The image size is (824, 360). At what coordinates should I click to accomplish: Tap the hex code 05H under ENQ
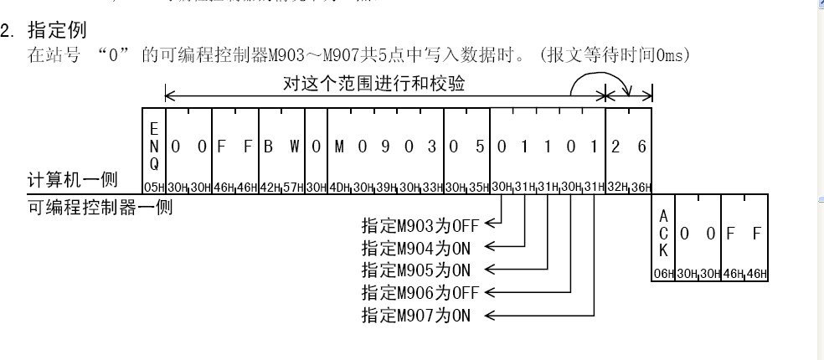click(153, 186)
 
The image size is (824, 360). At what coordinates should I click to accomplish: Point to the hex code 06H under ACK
click(662, 274)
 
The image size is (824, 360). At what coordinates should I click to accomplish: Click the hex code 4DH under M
click(340, 186)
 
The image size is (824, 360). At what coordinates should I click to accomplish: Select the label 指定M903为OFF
click(419, 224)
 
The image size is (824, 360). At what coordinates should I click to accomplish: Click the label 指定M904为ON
click(415, 247)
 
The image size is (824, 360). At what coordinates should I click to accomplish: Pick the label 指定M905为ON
click(415, 270)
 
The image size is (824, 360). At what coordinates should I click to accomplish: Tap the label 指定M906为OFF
click(419, 292)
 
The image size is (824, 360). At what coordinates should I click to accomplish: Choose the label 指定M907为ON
click(415, 315)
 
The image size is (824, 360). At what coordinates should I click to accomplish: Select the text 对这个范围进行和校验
click(374, 84)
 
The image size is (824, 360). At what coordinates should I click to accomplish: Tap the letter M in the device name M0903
click(340, 147)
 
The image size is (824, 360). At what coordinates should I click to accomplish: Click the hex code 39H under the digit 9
click(386, 186)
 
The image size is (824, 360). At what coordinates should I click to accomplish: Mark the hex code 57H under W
click(293, 186)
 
